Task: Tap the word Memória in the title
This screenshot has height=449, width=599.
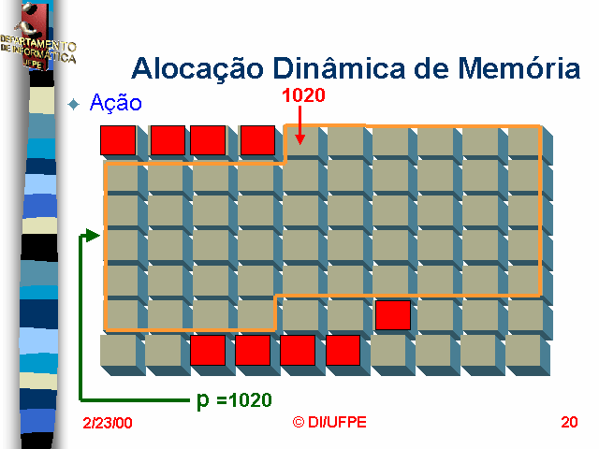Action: (512, 68)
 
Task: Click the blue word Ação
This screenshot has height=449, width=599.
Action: (116, 103)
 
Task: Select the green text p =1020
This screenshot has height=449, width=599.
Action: (234, 400)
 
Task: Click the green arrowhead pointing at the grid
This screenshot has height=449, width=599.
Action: (92, 235)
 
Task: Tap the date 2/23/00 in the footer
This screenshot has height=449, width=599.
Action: (108, 424)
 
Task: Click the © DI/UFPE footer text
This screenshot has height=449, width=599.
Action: (329, 422)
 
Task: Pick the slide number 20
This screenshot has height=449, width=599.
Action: (569, 422)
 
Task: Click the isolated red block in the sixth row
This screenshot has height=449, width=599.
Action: (393, 315)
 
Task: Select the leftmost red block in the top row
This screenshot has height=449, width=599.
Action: (118, 140)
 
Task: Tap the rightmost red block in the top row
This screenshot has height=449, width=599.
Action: (257, 140)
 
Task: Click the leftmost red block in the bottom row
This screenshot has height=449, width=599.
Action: (207, 350)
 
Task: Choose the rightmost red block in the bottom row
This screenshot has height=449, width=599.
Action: (343, 350)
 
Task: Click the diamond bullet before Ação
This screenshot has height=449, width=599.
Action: (76, 104)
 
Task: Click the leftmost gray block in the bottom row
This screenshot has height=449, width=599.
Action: (117, 350)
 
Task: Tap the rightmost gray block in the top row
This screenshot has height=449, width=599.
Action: (524, 140)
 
